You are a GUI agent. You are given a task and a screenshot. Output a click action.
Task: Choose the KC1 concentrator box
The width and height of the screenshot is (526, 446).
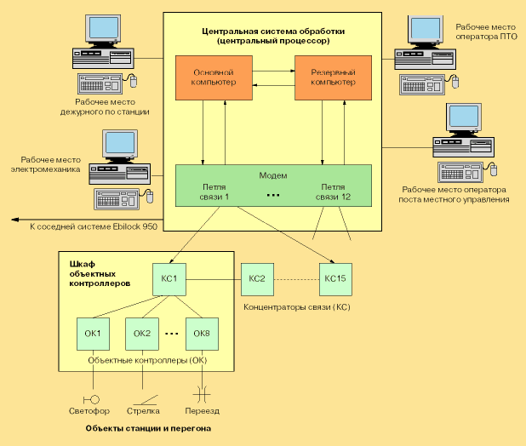[x=168, y=278]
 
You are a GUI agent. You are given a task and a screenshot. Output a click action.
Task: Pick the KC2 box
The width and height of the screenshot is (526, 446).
[x=257, y=278]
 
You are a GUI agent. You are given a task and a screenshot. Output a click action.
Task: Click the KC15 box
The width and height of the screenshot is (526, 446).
[x=336, y=278]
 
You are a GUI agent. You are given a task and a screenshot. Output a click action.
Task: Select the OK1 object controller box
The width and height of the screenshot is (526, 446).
[x=93, y=333]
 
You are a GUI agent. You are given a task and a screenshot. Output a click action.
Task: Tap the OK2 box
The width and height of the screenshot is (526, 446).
[x=142, y=333]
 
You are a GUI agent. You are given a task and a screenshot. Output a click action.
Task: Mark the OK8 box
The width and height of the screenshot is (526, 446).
[x=201, y=333]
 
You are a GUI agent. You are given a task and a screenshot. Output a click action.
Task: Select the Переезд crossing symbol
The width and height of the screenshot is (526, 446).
[x=202, y=394]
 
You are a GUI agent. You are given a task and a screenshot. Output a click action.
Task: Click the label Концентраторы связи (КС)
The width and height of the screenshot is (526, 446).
[x=296, y=306]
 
